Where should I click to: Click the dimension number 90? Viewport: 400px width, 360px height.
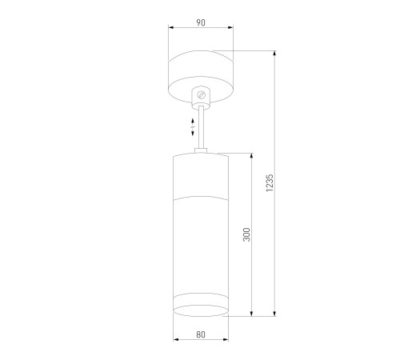(200, 23)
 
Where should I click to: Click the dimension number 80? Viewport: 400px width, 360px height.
(199, 334)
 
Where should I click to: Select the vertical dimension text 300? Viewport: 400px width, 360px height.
(247, 234)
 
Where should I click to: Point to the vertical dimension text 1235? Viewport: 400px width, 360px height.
(270, 183)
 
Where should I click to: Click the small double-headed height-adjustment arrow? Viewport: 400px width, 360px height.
(192, 126)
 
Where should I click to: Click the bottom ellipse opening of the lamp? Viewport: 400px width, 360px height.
(200, 310)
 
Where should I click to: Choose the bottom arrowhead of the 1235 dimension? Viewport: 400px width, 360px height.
(276, 313)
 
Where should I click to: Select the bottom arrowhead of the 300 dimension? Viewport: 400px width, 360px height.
(254, 313)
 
